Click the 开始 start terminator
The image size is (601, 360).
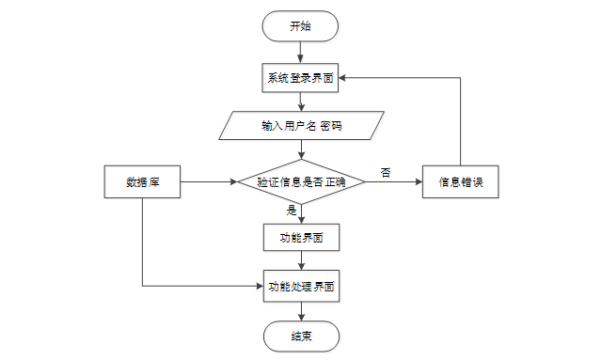pos(300,26)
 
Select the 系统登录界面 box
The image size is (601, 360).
pos(300,78)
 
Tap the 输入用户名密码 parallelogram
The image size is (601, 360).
pos(300,125)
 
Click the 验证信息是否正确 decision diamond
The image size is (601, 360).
pos(300,181)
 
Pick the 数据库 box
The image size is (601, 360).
pos(141,181)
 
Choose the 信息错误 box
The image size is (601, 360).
pos(460,181)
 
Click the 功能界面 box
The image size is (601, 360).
pos(300,237)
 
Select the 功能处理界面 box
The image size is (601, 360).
pos(300,286)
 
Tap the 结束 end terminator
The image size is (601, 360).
pos(300,336)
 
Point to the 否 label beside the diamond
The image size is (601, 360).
pos(386,172)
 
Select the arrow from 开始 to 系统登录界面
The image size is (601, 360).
pos(300,53)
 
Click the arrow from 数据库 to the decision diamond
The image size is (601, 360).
pos(207,181)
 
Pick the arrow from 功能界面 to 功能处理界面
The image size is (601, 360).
pos(300,261)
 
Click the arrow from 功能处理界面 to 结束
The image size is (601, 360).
pos(300,311)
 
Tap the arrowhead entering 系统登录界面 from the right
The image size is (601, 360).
pos(344,78)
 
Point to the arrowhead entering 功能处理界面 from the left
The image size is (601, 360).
pos(258,286)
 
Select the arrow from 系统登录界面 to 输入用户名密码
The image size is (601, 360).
pos(300,102)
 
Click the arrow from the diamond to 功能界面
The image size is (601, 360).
pos(300,214)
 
